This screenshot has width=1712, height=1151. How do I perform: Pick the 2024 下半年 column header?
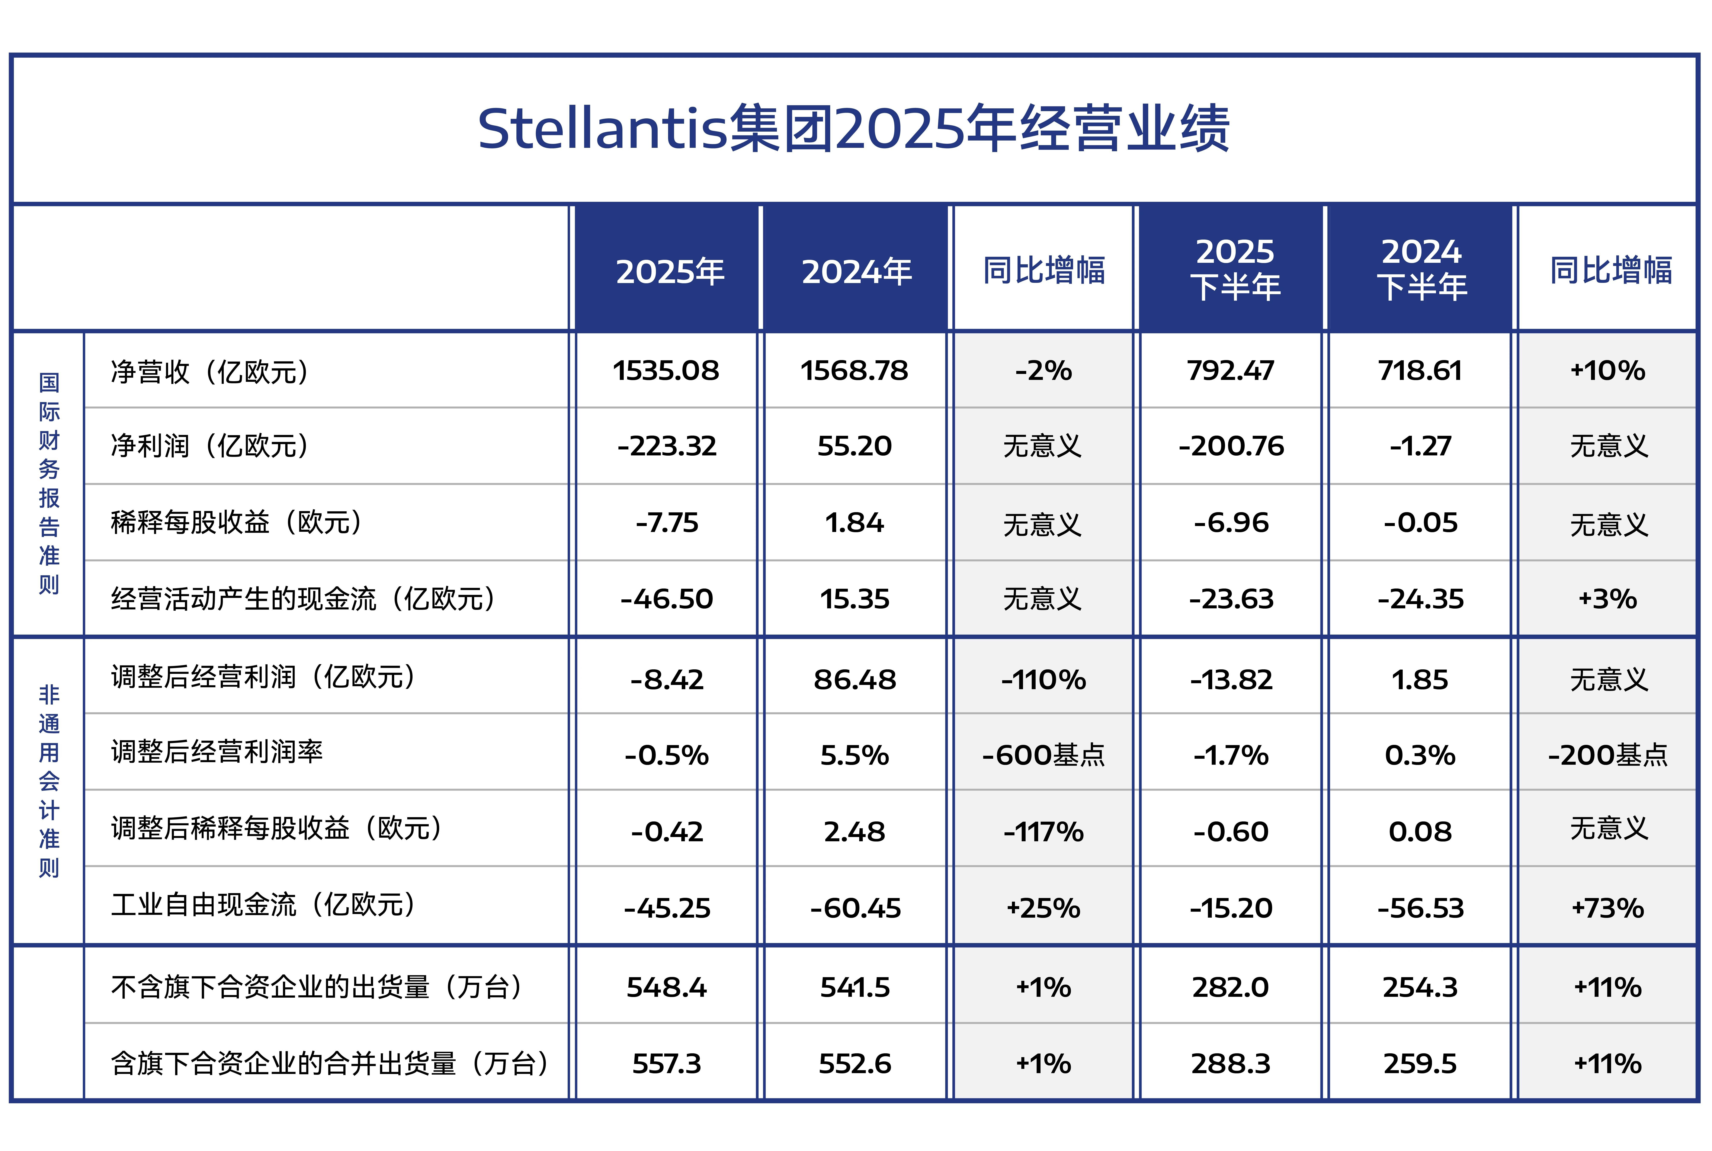(x=1422, y=269)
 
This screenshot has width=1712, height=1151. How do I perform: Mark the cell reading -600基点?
(x=1043, y=755)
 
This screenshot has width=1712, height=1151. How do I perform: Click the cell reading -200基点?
(x=1608, y=755)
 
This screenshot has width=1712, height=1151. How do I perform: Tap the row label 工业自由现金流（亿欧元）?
(x=264, y=905)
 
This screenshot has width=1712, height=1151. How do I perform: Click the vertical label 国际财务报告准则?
(x=49, y=483)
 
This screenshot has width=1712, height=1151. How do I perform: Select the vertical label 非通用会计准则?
(x=49, y=781)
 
